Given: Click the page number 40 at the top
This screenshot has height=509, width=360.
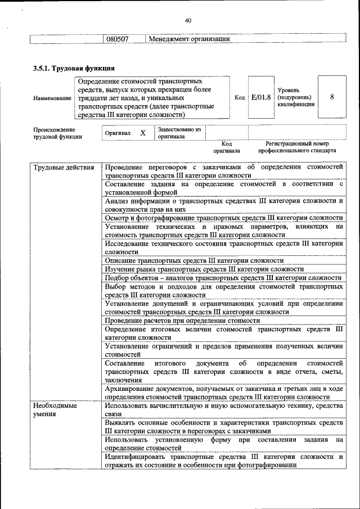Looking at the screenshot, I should point(188,21).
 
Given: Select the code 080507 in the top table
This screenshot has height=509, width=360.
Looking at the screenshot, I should point(118,39).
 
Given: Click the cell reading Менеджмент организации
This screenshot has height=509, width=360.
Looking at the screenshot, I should point(190,39).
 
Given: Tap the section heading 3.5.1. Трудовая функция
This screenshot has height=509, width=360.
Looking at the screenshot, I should point(70,69).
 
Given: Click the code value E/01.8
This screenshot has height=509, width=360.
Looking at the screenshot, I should point(261,97).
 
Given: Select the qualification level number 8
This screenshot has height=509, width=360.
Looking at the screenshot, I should point(332,97).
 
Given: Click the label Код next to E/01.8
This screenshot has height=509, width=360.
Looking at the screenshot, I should point(240,97).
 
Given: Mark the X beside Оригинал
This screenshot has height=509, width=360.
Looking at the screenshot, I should point(143,133).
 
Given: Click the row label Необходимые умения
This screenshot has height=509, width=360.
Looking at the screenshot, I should point(55,409).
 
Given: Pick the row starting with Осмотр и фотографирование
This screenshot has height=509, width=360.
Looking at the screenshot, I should point(223,218).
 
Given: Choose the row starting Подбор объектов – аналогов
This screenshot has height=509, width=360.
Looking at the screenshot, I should point(223,278).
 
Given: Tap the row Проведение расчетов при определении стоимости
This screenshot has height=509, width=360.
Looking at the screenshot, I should point(182,321).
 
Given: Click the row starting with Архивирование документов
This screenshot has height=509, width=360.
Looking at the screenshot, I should point(223,393).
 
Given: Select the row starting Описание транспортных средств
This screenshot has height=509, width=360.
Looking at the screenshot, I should point(194,261).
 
